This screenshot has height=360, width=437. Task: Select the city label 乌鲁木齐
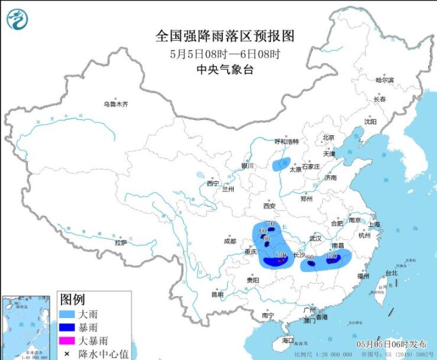click(115, 104)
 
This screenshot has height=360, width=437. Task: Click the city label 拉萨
click(121, 242)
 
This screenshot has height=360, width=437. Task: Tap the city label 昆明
click(218, 294)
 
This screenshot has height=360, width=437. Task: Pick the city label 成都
click(230, 241)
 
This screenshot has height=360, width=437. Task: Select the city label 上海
click(373, 225)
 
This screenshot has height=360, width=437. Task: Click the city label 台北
click(391, 273)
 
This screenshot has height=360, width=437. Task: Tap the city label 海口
click(288, 341)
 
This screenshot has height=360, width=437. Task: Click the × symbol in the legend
click(67, 353)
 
